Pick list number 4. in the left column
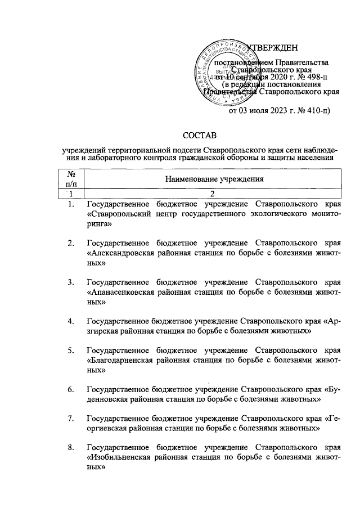(x=71, y=322)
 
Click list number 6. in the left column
(x=71, y=389)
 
